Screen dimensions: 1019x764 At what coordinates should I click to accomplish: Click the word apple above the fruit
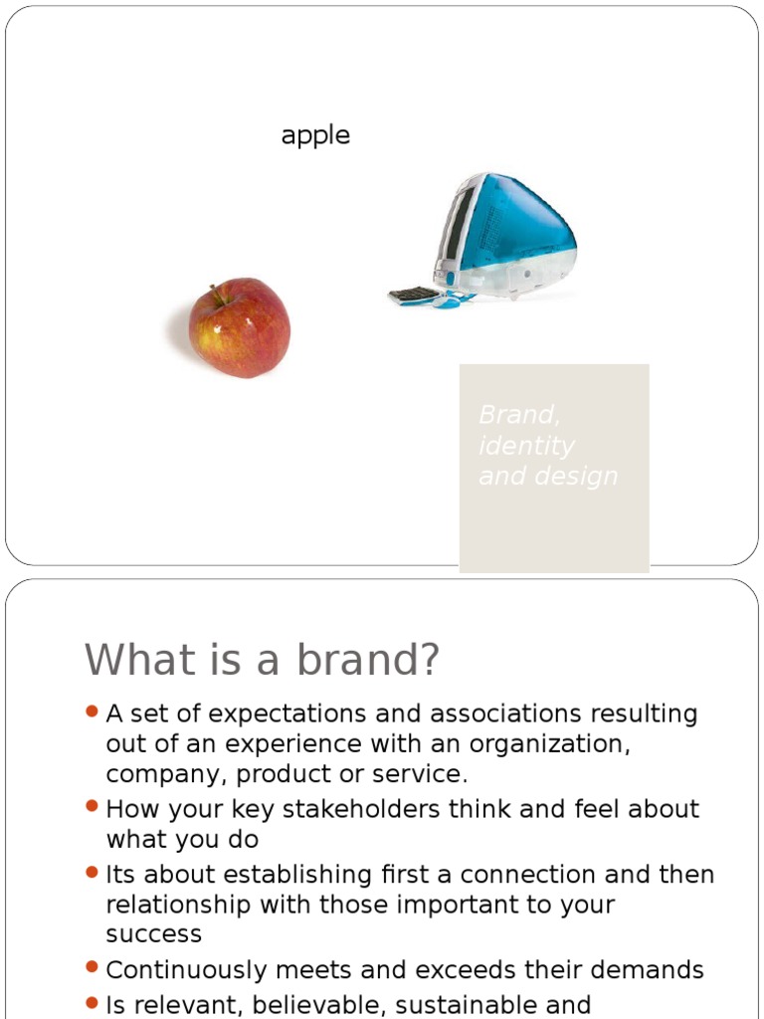[315, 135]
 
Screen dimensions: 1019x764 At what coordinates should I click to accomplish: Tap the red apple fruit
[240, 328]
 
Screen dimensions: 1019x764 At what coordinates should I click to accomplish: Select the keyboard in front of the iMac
[414, 295]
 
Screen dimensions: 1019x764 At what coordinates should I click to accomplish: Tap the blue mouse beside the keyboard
[449, 300]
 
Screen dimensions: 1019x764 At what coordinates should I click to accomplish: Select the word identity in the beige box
[526, 445]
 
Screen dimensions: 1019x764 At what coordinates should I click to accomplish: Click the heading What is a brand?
[262, 660]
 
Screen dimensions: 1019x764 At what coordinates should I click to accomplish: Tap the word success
[153, 934]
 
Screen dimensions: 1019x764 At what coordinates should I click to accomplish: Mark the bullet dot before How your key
[92, 807]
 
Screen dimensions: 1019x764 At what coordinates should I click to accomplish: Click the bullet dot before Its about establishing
[92, 873]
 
